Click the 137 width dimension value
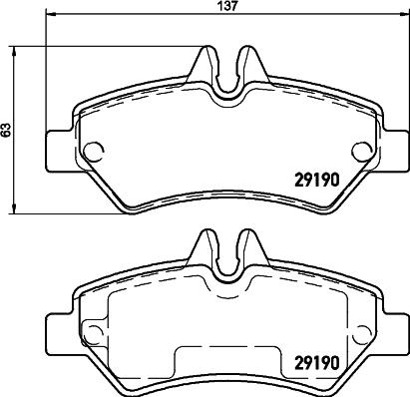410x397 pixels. [228, 6]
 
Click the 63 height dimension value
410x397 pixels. [6, 130]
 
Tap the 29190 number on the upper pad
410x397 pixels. [317, 181]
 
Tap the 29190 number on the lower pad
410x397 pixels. [317, 363]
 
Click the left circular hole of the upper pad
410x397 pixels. [93, 152]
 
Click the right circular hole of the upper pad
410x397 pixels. [362, 152]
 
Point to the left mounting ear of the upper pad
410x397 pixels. [60, 152]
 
